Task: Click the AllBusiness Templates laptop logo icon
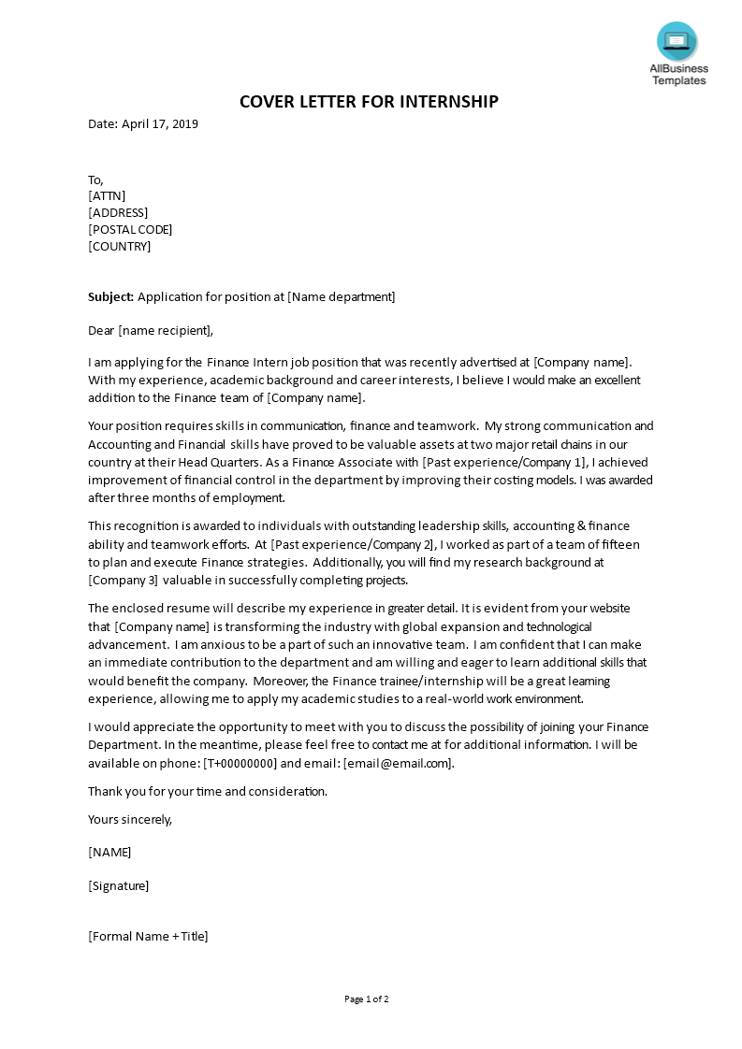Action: (x=677, y=41)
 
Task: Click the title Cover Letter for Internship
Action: (x=370, y=101)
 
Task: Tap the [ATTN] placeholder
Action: (x=107, y=195)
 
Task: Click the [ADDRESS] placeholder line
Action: (x=118, y=212)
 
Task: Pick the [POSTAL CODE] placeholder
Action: (x=130, y=229)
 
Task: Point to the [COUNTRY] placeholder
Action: (x=119, y=247)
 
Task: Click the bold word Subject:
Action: (x=111, y=297)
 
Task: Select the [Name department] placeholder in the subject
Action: (x=342, y=297)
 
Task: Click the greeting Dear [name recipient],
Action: (x=151, y=330)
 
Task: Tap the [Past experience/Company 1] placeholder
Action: (x=505, y=462)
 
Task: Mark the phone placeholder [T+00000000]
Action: (x=240, y=763)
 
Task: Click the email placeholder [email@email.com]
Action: (x=399, y=763)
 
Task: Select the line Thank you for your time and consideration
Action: (x=208, y=791)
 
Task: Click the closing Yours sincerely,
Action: (x=130, y=819)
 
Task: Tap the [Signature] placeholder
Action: (x=119, y=885)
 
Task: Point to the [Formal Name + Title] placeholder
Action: (x=148, y=936)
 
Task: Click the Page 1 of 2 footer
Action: (x=367, y=999)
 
